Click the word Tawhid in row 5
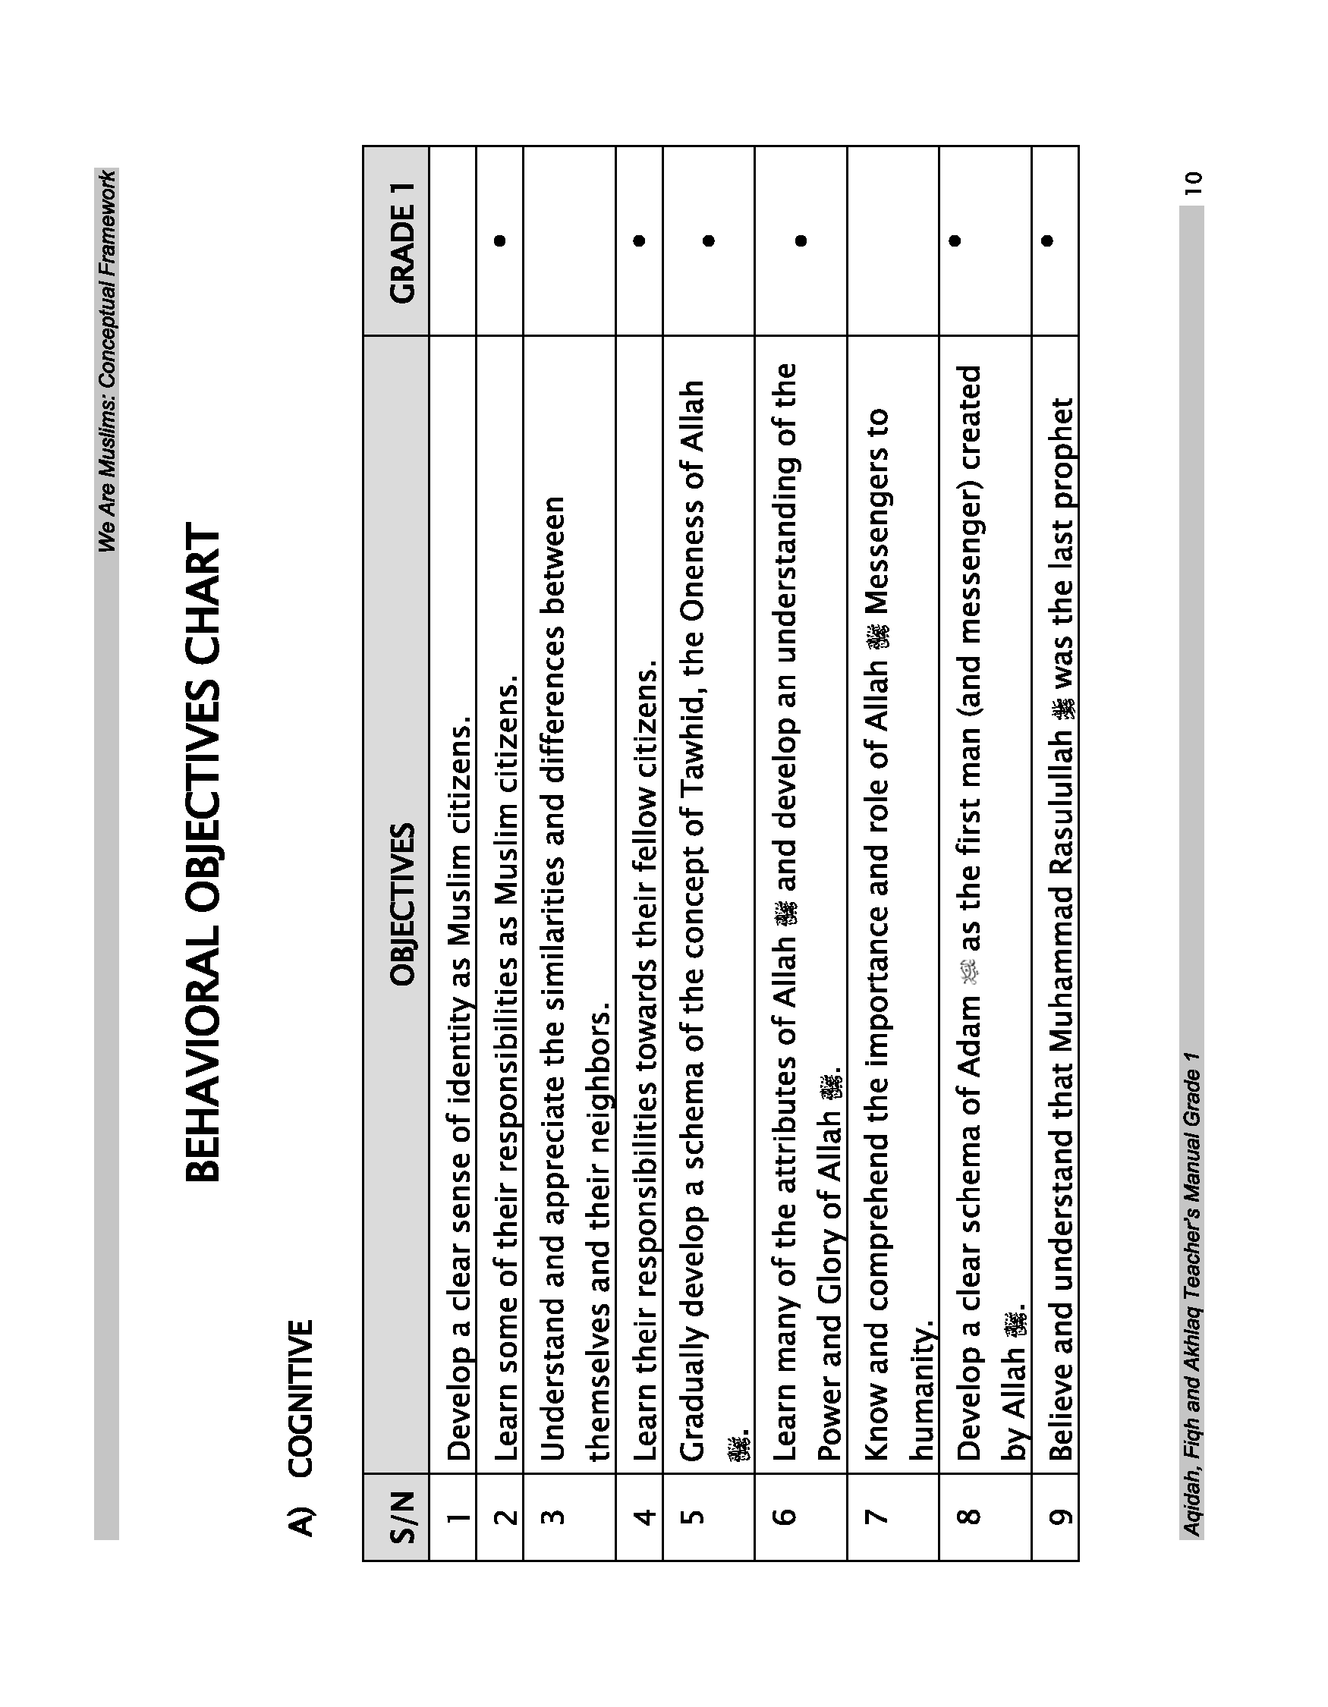[x=693, y=765]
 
